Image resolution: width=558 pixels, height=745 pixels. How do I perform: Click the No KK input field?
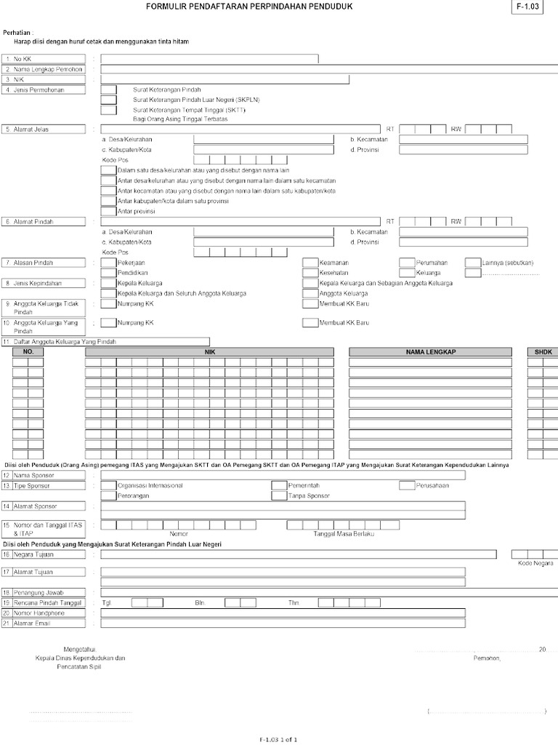[209, 58]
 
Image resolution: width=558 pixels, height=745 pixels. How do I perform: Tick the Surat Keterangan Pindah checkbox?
[108, 89]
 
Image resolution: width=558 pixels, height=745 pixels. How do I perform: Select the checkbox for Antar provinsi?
[108, 211]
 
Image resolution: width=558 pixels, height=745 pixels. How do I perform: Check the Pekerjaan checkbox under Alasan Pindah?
[108, 263]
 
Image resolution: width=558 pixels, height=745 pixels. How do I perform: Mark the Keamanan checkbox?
[310, 263]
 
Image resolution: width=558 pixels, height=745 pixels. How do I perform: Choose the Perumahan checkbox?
[407, 263]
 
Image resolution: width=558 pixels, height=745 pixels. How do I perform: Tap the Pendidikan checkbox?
[108, 273]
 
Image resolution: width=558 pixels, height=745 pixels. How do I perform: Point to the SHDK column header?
[543, 352]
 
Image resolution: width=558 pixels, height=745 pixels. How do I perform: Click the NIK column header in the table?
[209, 352]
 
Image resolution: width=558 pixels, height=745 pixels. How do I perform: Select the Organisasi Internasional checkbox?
[108, 485]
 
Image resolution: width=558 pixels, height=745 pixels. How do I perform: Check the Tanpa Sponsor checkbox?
[279, 495]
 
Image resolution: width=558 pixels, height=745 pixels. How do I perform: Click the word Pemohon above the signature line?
[486, 658]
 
